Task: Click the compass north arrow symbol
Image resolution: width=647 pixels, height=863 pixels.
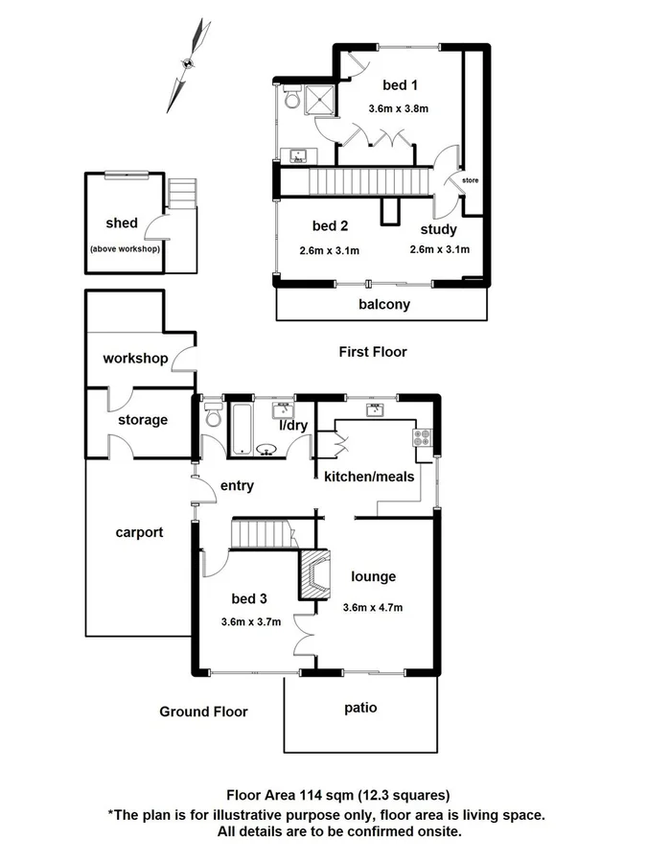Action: [x=189, y=64]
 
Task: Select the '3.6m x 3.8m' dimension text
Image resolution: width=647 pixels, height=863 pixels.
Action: [x=398, y=108]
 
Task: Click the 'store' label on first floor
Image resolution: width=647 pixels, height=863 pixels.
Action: [x=470, y=179]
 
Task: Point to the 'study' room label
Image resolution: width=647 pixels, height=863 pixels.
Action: [x=439, y=229]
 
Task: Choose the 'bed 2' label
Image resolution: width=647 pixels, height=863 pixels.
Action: [x=330, y=226]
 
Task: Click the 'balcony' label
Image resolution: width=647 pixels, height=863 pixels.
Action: [x=384, y=305]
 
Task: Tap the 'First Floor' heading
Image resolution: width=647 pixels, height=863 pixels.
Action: [x=373, y=352]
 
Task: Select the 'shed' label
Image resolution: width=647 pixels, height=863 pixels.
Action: [x=122, y=222]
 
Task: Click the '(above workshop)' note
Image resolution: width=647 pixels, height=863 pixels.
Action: [x=125, y=248]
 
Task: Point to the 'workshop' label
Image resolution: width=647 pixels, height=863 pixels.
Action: [x=135, y=359]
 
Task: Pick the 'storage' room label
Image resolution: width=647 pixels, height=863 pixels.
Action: [x=143, y=419]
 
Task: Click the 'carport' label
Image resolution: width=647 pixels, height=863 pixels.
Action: [x=140, y=532]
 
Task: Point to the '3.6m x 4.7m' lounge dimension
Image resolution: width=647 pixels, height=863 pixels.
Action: [x=373, y=607]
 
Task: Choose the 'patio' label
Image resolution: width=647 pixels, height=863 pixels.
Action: [x=360, y=708]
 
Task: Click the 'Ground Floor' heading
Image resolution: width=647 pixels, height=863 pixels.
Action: [x=203, y=711]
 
